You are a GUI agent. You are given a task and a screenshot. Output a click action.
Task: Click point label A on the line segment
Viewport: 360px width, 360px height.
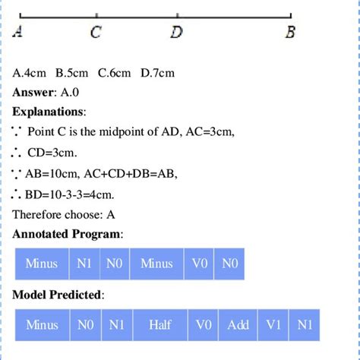(17, 33)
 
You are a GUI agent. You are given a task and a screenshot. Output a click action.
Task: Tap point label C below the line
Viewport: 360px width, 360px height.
(96, 33)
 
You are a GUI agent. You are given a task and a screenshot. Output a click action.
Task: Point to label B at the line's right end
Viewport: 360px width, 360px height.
(290, 33)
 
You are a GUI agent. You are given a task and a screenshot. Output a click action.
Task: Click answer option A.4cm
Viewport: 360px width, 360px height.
(30, 73)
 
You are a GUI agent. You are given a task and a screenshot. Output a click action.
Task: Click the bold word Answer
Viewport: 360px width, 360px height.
(33, 92)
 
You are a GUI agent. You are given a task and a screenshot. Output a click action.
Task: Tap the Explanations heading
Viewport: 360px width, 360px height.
(49, 112)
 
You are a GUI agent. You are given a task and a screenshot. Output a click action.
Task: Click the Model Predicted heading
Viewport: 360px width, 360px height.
(58, 294)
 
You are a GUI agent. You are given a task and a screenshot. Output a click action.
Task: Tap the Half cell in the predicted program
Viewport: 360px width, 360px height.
(159, 325)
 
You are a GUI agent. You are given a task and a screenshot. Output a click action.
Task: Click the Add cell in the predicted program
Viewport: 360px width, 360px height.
(238, 325)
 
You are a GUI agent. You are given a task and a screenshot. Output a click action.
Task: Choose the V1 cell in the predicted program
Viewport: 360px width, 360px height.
(273, 325)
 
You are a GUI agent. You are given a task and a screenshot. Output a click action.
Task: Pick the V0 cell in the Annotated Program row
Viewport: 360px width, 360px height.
(200, 264)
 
